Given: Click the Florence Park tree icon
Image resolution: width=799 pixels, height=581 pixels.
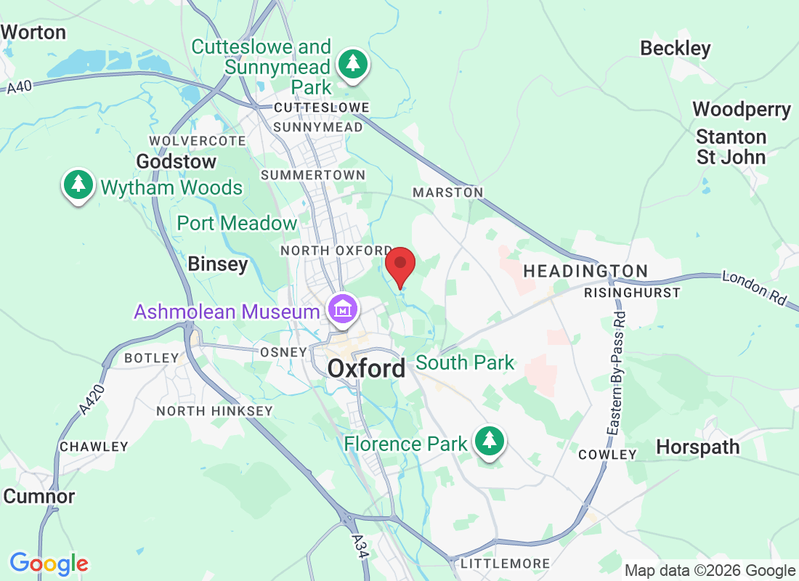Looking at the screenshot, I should click(490, 441).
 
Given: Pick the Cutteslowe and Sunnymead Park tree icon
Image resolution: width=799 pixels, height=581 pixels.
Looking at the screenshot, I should click(353, 64).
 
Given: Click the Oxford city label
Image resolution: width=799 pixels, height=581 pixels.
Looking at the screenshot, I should click(366, 368).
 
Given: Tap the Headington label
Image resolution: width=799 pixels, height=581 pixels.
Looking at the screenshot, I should click(585, 271).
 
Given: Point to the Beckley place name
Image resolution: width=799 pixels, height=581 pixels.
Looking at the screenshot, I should click(675, 49).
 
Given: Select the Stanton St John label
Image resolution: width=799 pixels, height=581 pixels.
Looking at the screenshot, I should click(731, 147).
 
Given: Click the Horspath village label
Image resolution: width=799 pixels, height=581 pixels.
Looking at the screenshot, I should click(697, 447).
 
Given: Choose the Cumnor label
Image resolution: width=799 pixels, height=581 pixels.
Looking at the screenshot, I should click(39, 497).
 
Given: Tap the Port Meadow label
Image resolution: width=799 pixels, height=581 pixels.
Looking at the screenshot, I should click(237, 223).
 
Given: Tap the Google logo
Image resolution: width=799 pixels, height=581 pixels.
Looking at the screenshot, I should click(49, 564).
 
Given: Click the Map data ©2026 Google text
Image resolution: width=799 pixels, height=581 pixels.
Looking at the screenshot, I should click(710, 571).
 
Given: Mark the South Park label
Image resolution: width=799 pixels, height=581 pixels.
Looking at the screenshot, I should click(465, 362).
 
